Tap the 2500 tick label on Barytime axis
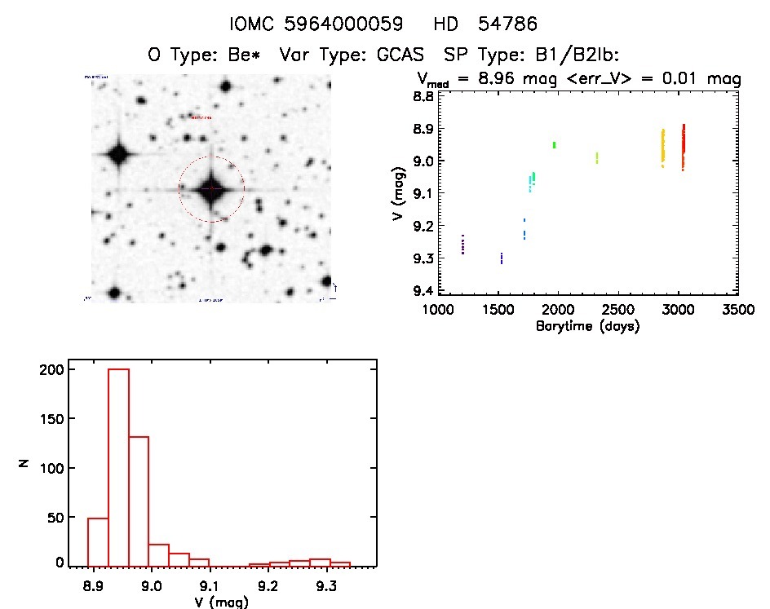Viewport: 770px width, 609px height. (618, 311)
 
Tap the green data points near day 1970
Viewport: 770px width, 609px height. (554, 145)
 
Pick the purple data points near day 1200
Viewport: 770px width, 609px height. (462, 245)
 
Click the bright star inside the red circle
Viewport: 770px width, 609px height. (210, 188)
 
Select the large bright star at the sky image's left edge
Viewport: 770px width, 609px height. (119, 153)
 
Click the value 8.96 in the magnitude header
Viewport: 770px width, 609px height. (502, 80)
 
